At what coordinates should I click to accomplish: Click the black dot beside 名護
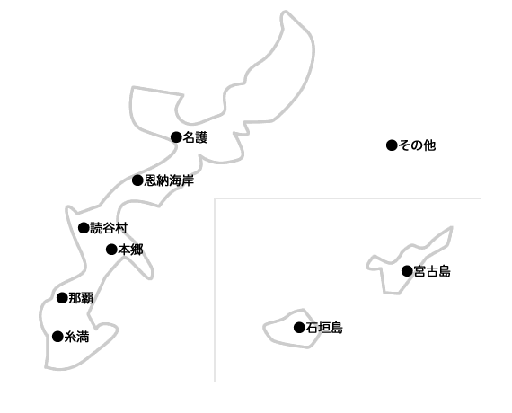pyautogui.click(x=176, y=137)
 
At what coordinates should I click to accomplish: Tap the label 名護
pyautogui.click(x=195, y=137)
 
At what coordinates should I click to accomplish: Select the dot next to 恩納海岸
pyautogui.click(x=137, y=180)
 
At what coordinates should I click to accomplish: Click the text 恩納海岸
pyautogui.click(x=169, y=180)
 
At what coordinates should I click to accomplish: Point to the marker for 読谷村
pyautogui.click(x=84, y=227)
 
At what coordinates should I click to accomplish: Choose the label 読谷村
pyautogui.click(x=109, y=228)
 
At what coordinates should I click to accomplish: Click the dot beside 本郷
pyautogui.click(x=111, y=250)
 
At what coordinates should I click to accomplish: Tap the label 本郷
pyautogui.click(x=130, y=250)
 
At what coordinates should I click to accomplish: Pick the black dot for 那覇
pyautogui.click(x=62, y=298)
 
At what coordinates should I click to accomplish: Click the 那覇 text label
pyautogui.click(x=81, y=298)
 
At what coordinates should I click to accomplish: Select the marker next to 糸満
pyautogui.click(x=57, y=337)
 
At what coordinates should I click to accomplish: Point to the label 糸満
pyautogui.click(x=76, y=337)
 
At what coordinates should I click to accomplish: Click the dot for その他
pyautogui.click(x=392, y=145)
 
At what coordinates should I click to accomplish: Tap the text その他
pyautogui.click(x=417, y=145)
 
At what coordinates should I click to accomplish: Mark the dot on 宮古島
pyautogui.click(x=407, y=270)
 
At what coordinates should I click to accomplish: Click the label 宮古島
pyautogui.click(x=432, y=271)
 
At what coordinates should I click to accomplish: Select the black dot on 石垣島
pyautogui.click(x=299, y=327)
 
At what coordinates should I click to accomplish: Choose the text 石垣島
pyautogui.click(x=324, y=328)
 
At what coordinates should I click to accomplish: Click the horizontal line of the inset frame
pyautogui.click(x=348, y=198)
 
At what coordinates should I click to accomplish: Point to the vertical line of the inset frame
pyautogui.click(x=215, y=290)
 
